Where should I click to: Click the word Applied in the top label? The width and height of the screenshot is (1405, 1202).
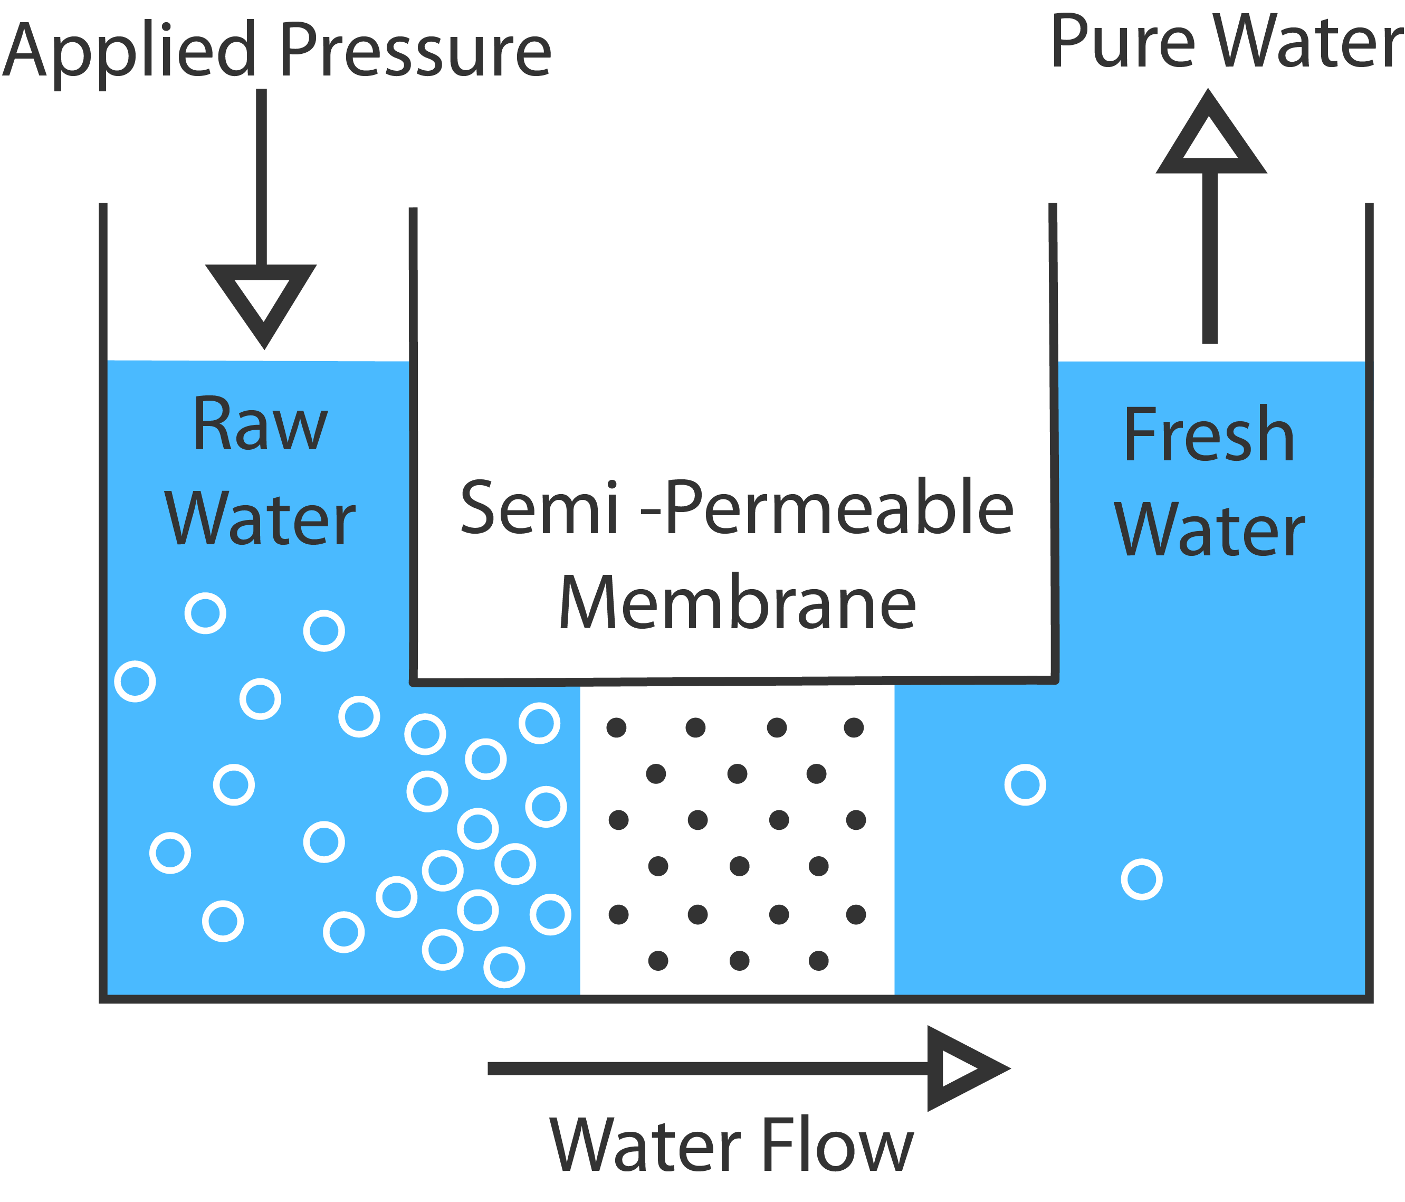coord(129,51)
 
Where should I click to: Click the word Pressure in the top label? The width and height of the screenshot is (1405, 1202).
coord(415,51)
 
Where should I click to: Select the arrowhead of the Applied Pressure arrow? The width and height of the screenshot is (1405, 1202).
coord(262,302)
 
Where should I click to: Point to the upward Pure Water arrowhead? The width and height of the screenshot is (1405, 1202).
coord(1210,136)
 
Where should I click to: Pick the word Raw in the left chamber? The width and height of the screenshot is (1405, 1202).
coord(261,424)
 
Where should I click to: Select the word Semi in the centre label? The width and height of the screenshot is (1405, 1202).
coord(539,507)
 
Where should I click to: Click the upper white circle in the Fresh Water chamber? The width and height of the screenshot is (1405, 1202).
coord(1025,785)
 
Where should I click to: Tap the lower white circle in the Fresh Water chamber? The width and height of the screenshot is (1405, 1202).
coord(1142,880)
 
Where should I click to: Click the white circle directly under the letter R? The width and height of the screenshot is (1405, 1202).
coord(205,613)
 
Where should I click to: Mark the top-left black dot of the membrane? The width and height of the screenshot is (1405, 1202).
coord(616,728)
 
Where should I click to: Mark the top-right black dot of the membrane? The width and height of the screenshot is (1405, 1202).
coord(854,728)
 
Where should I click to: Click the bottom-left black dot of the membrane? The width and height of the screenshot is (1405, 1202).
coord(658,961)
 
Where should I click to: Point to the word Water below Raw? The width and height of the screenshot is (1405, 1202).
coord(261,519)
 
